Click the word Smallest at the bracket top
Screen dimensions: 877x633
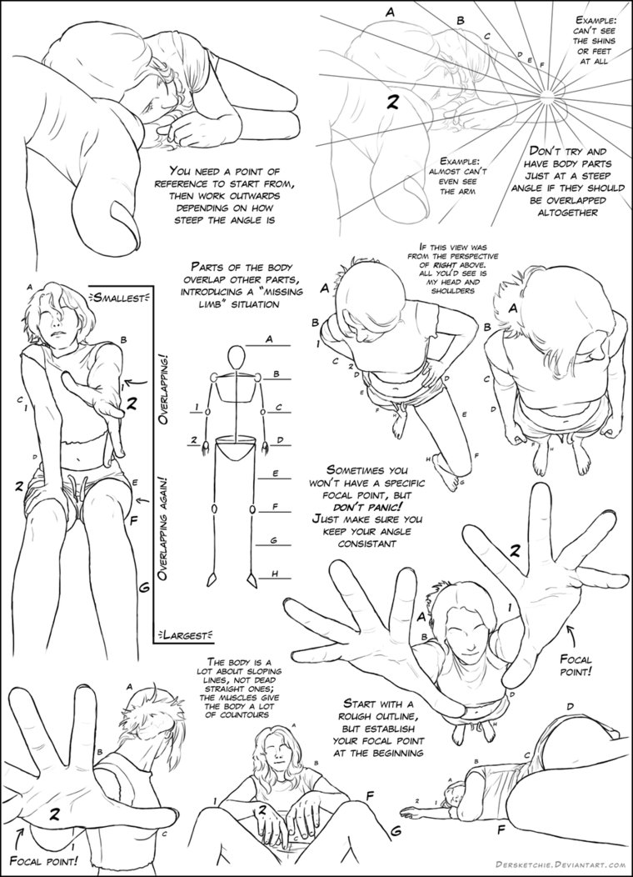tap(122, 297)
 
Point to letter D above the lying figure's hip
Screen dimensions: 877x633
tap(570, 707)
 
